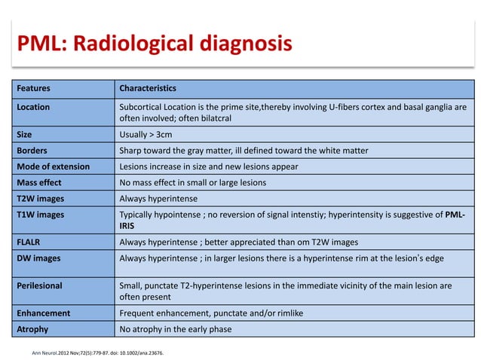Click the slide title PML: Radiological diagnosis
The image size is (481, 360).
[154, 43]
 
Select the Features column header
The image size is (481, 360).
[35, 88]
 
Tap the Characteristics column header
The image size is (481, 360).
[148, 88]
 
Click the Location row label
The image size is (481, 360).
[33, 107]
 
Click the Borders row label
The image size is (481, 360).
[32, 151]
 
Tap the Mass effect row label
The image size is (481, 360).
[39, 182]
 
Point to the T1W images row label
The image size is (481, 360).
[41, 214]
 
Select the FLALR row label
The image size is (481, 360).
[29, 242]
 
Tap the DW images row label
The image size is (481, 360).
[38, 258]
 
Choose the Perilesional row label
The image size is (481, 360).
[39, 285]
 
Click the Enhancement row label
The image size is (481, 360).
[44, 313]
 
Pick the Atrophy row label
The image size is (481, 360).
[33, 328]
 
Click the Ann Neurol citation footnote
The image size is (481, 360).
[97, 351]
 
